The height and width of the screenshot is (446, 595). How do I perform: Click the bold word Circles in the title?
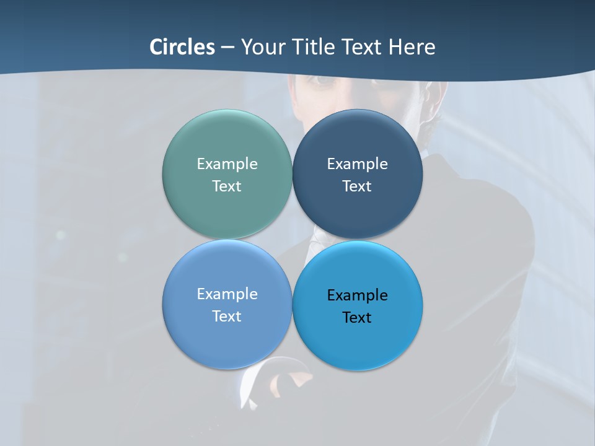[x=182, y=47]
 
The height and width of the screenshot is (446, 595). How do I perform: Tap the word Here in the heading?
[x=412, y=47]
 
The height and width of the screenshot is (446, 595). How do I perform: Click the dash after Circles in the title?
[x=227, y=48]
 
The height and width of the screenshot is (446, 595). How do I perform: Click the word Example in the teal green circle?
[x=227, y=164]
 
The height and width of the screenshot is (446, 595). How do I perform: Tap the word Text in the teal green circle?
[x=227, y=186]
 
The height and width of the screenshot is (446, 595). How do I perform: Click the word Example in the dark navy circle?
[x=357, y=164]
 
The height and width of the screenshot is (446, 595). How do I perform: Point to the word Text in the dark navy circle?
[x=357, y=186]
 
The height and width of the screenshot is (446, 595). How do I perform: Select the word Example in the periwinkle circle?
[x=227, y=294]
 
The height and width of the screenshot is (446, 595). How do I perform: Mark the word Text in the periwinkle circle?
[x=227, y=317]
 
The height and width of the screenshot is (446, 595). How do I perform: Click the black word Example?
[x=357, y=295]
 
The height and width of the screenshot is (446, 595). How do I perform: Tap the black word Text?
[x=357, y=318]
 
